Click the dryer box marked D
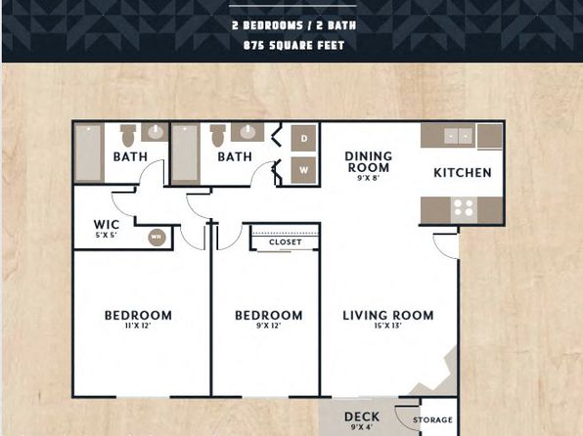(x=304, y=138)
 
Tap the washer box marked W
(x=304, y=170)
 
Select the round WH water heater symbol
(x=157, y=237)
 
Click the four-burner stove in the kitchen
(x=464, y=208)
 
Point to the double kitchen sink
(x=458, y=136)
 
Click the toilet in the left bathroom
(x=128, y=135)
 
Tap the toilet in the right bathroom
(x=218, y=135)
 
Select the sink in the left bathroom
(x=155, y=132)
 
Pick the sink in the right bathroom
(x=247, y=132)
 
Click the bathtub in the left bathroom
(x=89, y=153)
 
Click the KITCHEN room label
(x=463, y=172)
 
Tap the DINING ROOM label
(x=369, y=162)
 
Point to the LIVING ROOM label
(x=388, y=315)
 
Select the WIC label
(x=107, y=225)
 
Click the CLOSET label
(x=286, y=242)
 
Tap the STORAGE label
(x=432, y=419)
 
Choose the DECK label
(x=362, y=416)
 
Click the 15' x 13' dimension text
(x=388, y=326)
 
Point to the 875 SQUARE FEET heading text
(x=293, y=45)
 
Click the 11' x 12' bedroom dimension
(x=138, y=326)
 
